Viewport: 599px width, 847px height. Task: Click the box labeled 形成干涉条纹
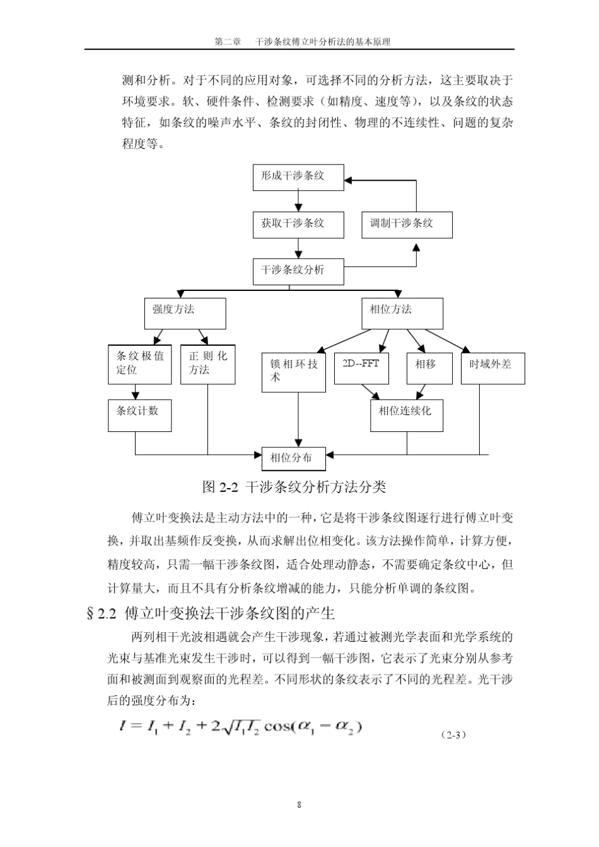[x=298, y=177]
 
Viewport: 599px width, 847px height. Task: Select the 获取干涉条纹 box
[x=298, y=224]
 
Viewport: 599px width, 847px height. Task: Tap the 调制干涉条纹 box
[x=407, y=224]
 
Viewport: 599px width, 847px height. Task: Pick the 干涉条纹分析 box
[x=298, y=271]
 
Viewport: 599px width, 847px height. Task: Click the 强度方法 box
[x=185, y=313]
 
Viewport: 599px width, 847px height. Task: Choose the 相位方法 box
[x=402, y=313]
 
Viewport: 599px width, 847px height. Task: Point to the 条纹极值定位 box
[x=139, y=364]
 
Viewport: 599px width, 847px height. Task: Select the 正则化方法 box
[x=207, y=364]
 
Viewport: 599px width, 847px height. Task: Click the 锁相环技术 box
[x=294, y=372]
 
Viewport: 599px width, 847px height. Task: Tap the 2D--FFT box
[x=361, y=368]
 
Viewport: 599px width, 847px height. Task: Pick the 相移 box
[x=429, y=368]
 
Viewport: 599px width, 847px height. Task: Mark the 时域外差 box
[x=492, y=368]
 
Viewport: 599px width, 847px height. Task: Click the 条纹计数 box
[x=139, y=415]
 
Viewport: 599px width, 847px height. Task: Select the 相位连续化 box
[x=406, y=415]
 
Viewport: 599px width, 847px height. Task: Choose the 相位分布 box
[x=294, y=458]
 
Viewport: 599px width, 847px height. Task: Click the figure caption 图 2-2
[x=294, y=487]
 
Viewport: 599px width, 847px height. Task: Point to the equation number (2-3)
[x=453, y=734]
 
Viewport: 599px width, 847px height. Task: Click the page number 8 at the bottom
[x=299, y=805]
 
